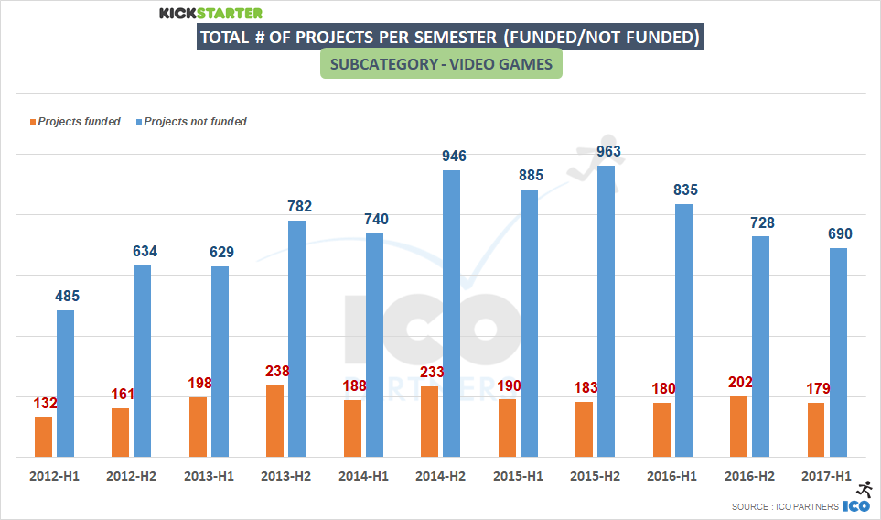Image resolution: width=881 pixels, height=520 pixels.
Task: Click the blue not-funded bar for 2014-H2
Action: point(452,313)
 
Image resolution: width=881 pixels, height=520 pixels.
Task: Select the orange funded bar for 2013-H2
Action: point(275,421)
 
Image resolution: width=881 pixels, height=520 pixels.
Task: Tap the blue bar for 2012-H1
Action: point(66,384)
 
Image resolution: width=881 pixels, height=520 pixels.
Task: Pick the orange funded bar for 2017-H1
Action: point(816,429)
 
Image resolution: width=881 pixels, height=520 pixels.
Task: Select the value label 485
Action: point(67,296)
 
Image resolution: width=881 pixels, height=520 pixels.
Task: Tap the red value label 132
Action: point(45,402)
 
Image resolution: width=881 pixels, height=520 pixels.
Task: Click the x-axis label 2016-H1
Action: point(671,477)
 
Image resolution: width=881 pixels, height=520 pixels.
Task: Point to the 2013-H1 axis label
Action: point(209,477)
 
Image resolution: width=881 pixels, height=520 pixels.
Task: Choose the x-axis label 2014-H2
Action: point(441,477)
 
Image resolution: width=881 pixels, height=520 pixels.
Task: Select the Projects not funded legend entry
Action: point(195,122)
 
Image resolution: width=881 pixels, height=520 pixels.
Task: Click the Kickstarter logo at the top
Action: point(210,13)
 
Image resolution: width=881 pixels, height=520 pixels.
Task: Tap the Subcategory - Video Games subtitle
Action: point(441,65)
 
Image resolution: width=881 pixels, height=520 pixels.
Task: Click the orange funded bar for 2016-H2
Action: point(738,427)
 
